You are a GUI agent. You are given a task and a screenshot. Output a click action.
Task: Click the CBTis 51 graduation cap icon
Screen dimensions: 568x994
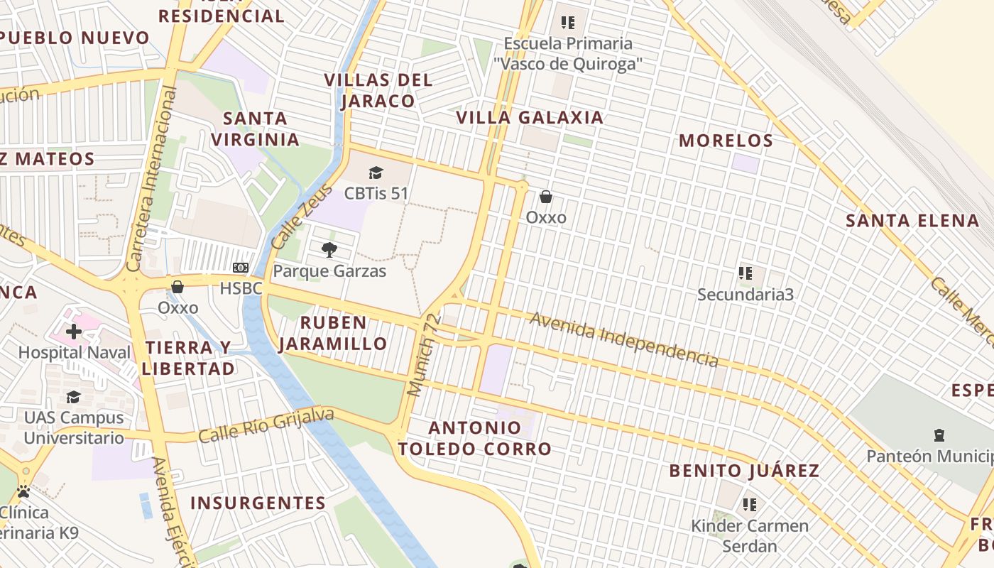coord(376,173)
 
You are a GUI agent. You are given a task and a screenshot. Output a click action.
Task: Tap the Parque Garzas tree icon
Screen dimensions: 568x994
coord(329,249)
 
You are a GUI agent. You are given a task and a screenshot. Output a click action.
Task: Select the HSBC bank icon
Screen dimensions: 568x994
coord(241,268)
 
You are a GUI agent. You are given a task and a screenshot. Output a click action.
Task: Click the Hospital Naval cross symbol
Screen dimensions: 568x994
coord(74,331)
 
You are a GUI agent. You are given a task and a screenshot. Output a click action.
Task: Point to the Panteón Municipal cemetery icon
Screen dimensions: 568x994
coord(939,435)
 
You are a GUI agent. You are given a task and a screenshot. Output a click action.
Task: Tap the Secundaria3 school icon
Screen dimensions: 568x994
coord(745,273)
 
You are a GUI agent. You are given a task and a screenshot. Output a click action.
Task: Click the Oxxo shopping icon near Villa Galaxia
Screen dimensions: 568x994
coord(546,197)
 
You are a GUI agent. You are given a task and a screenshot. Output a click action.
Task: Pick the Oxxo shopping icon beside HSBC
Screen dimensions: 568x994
coord(177,287)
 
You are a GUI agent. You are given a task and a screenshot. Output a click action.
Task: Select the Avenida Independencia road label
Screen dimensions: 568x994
coord(624,339)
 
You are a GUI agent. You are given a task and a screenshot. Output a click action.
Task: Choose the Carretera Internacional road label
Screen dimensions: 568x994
coord(151,179)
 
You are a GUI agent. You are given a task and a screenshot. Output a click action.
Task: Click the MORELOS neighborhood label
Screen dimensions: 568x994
coord(726,141)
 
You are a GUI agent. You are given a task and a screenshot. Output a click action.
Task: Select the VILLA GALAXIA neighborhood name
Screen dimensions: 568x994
coord(530,118)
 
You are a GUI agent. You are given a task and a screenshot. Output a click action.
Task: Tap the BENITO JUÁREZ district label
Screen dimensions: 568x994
coord(744,471)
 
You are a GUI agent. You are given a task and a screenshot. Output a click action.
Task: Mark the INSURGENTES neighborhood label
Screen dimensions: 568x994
coord(258,503)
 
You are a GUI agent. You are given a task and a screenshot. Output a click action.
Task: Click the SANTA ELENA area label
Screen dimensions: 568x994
coord(912,221)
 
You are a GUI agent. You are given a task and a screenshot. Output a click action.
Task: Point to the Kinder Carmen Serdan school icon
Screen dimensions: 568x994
coord(749,505)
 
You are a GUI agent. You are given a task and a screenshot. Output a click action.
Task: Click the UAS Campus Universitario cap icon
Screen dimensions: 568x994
coord(73,397)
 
